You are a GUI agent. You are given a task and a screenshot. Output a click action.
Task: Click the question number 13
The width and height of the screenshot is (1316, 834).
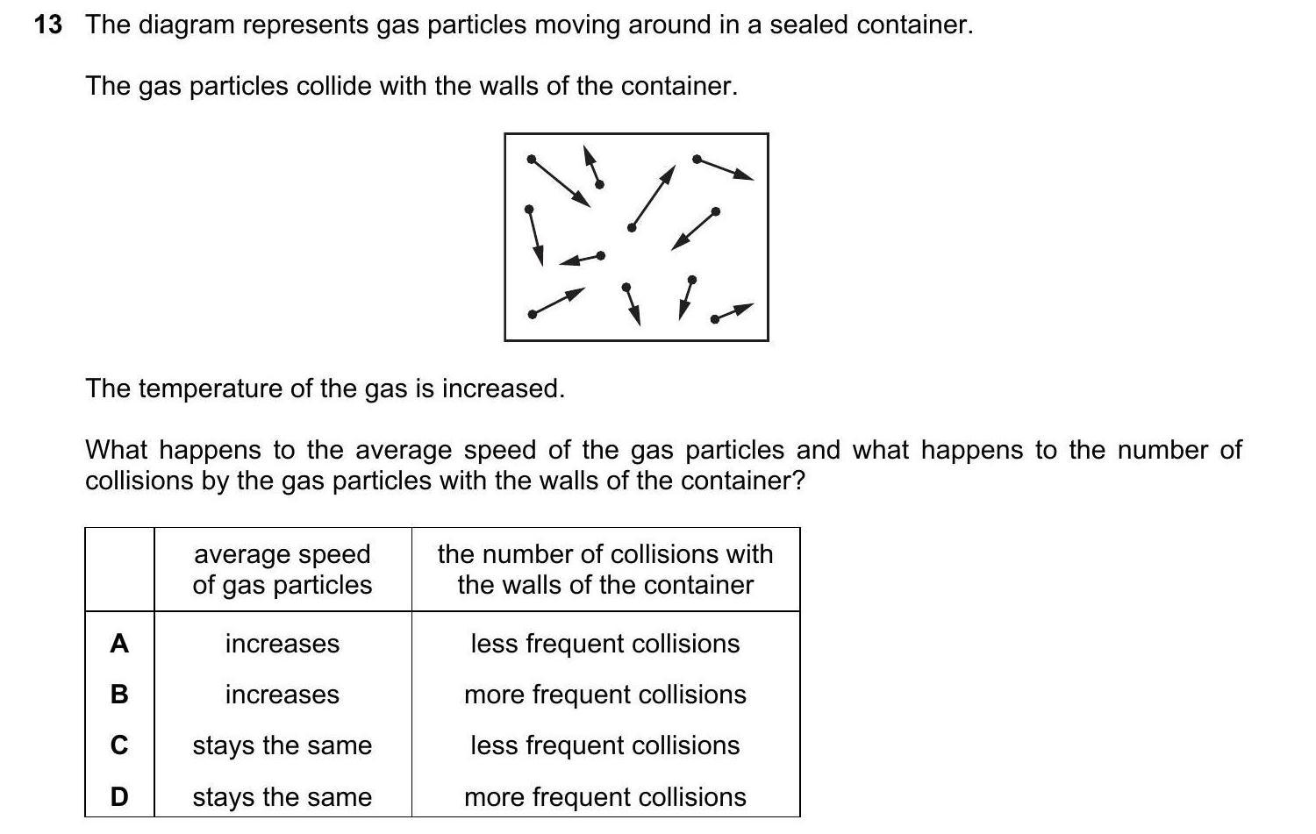click(48, 25)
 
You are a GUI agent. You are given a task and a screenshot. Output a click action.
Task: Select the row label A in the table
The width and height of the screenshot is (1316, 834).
click(119, 644)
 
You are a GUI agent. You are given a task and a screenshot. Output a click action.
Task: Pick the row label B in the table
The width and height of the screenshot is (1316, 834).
click(119, 695)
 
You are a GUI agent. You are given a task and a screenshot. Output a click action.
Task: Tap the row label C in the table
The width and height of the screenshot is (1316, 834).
click(119, 745)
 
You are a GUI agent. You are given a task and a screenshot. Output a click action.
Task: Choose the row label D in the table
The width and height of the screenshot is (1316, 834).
click(119, 797)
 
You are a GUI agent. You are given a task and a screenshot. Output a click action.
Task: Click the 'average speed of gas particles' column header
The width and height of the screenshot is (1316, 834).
click(283, 569)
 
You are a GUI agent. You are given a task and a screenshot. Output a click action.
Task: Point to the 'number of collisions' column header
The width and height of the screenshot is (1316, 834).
click(605, 569)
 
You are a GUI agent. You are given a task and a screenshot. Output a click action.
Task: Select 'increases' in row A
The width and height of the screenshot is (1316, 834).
click(283, 644)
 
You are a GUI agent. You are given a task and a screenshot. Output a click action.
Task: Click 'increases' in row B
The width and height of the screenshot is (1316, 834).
click(283, 695)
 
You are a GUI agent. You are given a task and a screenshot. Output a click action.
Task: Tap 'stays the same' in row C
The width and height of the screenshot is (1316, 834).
click(283, 745)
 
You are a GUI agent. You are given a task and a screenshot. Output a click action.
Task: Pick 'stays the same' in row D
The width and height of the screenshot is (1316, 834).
click(283, 797)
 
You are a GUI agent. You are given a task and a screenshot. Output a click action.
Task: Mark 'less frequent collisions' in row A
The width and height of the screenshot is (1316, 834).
click(605, 644)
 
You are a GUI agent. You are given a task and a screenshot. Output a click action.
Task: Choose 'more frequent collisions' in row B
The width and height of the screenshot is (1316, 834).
click(605, 695)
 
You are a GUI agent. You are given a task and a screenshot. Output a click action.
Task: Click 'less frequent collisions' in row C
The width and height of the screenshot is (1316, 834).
click(605, 745)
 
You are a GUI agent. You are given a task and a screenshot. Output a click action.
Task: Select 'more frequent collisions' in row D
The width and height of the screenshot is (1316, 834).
click(605, 797)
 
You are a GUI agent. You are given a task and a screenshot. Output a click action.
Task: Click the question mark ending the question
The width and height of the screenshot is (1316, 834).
click(797, 481)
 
